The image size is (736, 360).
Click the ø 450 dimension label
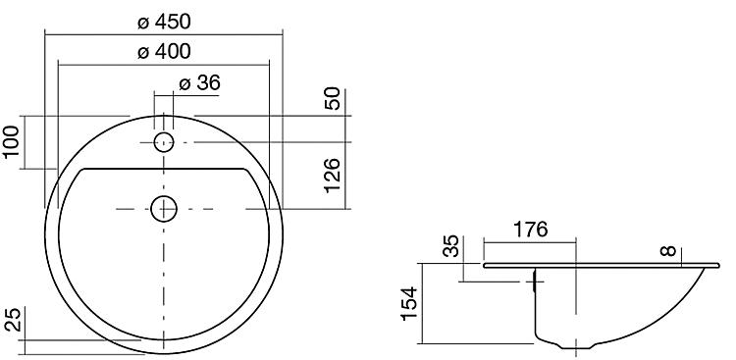click(x=164, y=22)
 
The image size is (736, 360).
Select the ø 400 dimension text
click(x=164, y=51)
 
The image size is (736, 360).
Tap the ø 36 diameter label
click(x=199, y=82)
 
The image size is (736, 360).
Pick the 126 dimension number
click(x=332, y=176)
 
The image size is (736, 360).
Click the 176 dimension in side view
click(x=530, y=230)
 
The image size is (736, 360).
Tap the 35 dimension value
click(x=451, y=246)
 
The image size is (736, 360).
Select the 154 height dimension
click(x=410, y=303)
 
